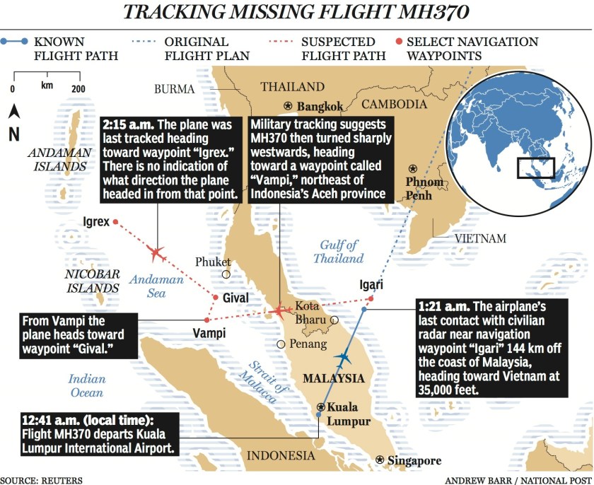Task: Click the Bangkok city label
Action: (x=320, y=107)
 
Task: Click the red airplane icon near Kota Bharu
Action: (x=281, y=310)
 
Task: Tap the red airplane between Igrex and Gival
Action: (x=156, y=252)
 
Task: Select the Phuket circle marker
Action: (x=226, y=274)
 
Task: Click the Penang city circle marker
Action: (x=281, y=344)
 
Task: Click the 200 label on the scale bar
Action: (x=77, y=88)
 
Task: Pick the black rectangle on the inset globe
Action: (x=535, y=168)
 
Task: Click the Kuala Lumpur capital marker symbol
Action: (x=321, y=407)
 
